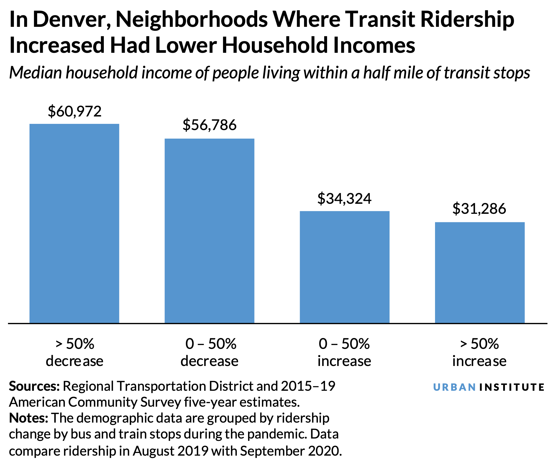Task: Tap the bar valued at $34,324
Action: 344,267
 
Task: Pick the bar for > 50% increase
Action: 480,272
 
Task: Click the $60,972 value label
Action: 75,111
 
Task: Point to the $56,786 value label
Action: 209,125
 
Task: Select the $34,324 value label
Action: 344,199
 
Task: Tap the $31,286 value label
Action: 479,209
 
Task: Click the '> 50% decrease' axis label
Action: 75,352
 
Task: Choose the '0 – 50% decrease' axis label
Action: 209,352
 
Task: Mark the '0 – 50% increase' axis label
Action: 344,352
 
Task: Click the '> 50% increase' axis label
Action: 479,352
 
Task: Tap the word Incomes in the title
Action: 375,46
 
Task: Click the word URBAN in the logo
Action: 454,387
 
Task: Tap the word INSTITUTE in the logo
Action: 512,387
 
